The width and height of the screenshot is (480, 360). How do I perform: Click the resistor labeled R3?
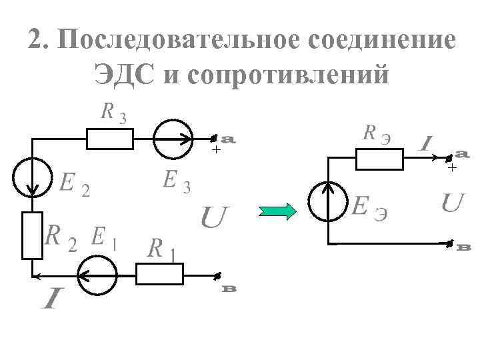click(x=110, y=139)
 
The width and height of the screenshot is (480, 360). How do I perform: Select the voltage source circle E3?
click(x=173, y=139)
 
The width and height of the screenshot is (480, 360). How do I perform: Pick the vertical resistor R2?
click(x=32, y=235)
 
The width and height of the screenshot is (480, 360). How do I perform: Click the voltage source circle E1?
click(x=97, y=274)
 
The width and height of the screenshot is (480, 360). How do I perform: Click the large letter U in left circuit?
click(x=215, y=217)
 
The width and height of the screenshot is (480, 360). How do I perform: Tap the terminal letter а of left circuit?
click(x=228, y=140)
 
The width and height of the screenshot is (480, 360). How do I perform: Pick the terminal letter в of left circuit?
click(x=229, y=289)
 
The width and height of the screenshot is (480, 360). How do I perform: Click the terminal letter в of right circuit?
click(x=465, y=248)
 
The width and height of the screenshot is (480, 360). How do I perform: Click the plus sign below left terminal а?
click(x=215, y=151)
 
